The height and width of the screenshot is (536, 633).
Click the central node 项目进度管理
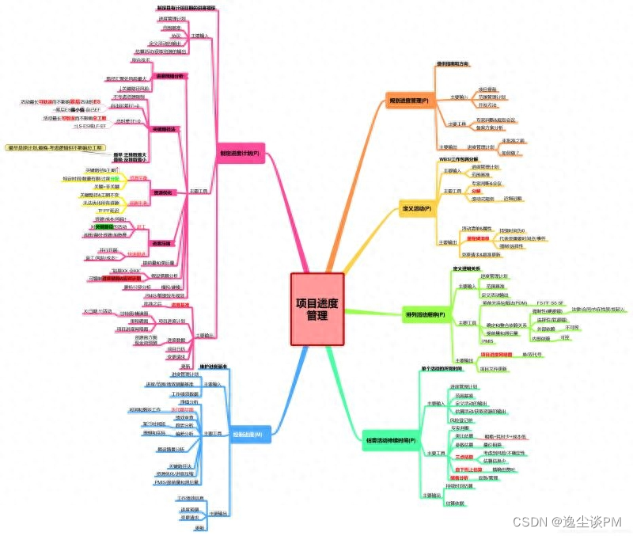point(316,310)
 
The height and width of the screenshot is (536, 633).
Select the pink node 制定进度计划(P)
point(239,154)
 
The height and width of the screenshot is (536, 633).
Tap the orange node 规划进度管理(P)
point(409,101)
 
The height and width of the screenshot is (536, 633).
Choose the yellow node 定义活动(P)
point(416,208)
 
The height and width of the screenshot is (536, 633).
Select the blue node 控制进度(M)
point(252,434)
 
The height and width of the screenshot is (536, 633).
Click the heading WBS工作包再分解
point(459,159)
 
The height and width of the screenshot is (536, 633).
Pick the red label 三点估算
point(464,457)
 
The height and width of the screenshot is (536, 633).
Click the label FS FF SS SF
point(549,303)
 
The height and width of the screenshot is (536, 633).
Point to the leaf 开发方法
point(487,105)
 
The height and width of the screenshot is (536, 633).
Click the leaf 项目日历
point(176,348)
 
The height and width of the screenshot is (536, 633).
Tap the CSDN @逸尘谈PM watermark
point(567,520)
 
